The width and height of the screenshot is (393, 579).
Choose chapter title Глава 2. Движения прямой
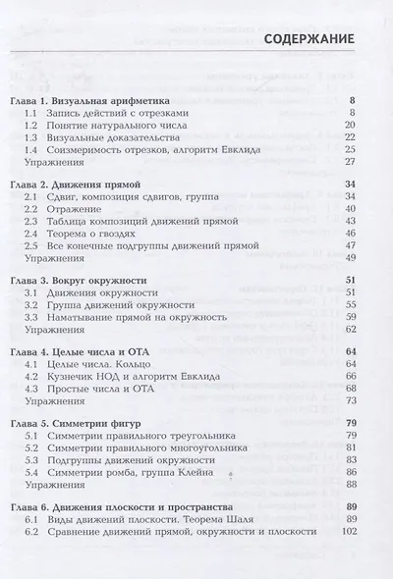(90, 184)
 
